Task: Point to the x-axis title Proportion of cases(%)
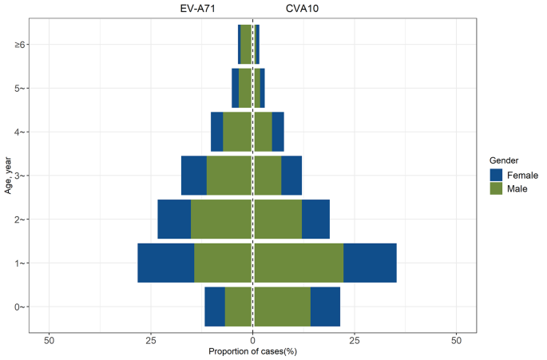(252, 352)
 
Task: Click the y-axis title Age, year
(7, 175)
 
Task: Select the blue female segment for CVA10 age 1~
(370, 263)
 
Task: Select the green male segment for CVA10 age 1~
(299, 263)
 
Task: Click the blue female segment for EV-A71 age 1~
(166, 263)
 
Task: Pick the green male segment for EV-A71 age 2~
(221, 219)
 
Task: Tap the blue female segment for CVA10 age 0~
(325, 307)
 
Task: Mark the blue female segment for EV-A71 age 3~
(194, 176)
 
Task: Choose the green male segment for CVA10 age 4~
(264, 132)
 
